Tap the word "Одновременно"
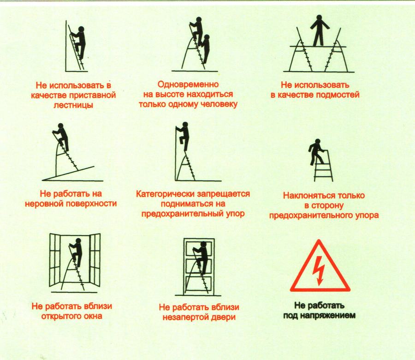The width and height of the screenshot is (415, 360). [x=188, y=84]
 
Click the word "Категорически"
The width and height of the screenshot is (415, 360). [x=164, y=194]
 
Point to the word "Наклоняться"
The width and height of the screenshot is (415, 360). [x=305, y=196]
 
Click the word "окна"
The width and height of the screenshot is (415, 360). [x=93, y=316]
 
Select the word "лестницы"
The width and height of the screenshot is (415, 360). [x=73, y=105]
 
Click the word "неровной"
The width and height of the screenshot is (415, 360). [x=44, y=204]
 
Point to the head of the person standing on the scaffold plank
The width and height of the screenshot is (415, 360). [x=319, y=18]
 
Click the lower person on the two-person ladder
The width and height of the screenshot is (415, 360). [x=205, y=48]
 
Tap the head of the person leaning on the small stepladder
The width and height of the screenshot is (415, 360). [x=318, y=142]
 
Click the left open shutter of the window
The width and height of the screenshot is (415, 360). [x=55, y=260]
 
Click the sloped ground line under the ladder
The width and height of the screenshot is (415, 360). [x=68, y=174]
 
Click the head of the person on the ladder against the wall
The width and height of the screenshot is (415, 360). [x=81, y=29]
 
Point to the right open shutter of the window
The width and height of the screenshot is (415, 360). [x=95, y=260]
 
